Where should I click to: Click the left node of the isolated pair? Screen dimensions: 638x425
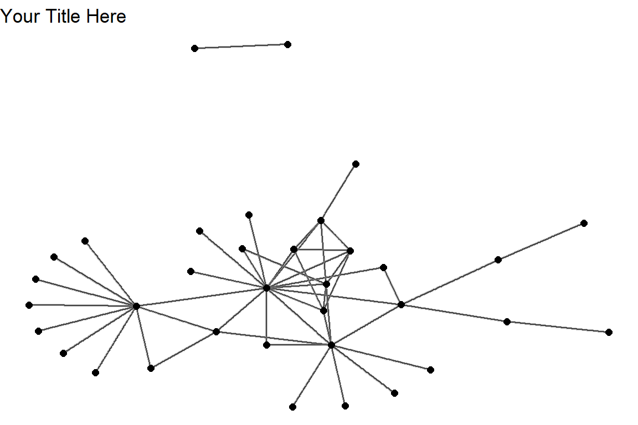point(194,49)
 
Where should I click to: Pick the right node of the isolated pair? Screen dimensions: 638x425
point(287,44)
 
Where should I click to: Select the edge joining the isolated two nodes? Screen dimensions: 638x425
point(241,46)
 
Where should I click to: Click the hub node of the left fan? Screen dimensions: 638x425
point(136,306)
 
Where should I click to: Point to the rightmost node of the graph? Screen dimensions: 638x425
point(609,332)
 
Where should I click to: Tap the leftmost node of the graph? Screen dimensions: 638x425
point(29,305)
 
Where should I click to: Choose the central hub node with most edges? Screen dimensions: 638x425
point(266,288)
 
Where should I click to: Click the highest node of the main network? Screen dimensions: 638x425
point(356,164)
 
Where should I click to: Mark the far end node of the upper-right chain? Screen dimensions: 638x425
point(584,223)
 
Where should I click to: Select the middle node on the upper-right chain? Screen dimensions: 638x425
point(498,260)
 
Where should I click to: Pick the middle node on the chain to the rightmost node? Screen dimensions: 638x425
point(507,322)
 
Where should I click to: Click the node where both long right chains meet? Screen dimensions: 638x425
point(401,304)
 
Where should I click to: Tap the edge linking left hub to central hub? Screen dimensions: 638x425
point(201,297)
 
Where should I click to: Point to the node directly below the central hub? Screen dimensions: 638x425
point(266,345)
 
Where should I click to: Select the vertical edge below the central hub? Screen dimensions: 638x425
point(266,317)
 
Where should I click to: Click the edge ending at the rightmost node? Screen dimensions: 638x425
point(558,327)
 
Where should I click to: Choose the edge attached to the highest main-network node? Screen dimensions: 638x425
point(338,192)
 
